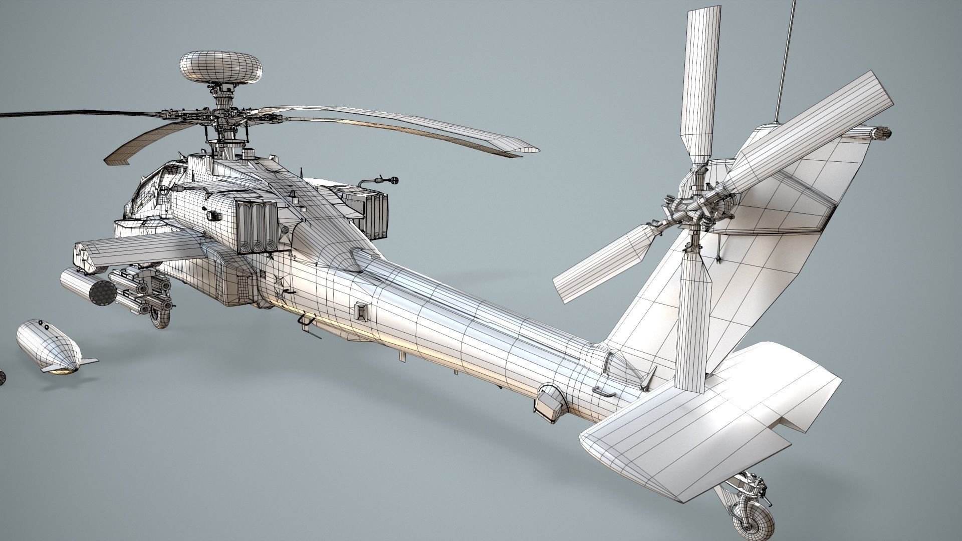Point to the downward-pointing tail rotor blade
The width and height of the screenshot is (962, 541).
(693, 321)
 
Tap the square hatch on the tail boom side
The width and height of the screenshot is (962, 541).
(361, 311)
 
